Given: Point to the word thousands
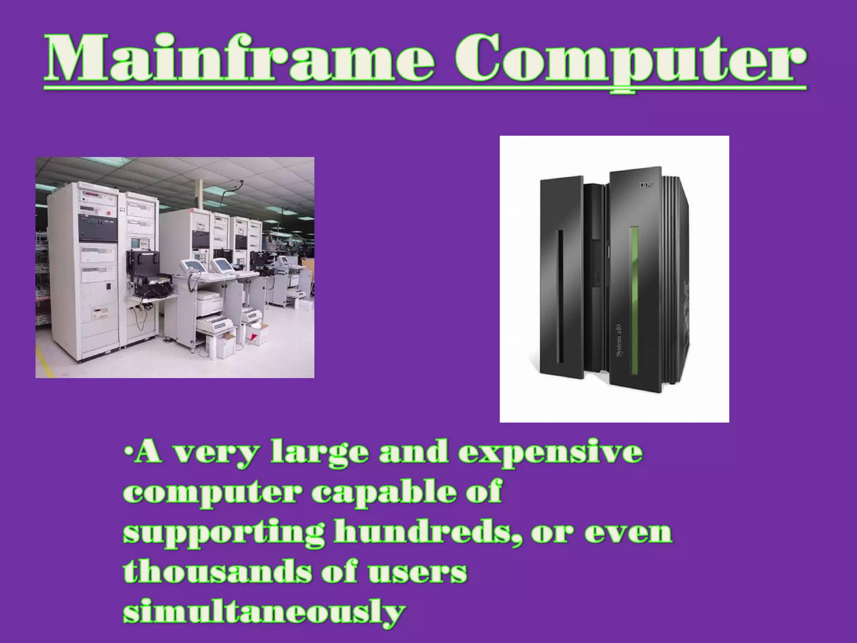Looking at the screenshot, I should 218,572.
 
